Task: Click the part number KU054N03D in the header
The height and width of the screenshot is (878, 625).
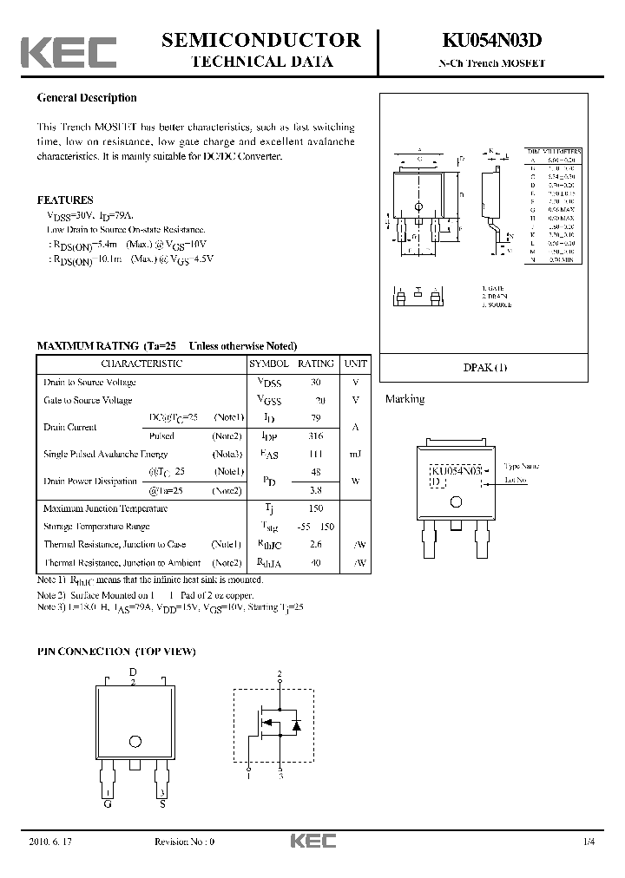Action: tap(492, 40)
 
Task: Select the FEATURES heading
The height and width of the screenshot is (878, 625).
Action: tap(65, 200)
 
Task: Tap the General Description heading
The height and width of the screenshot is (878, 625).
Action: tap(87, 98)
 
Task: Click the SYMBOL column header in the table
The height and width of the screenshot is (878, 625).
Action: tap(269, 364)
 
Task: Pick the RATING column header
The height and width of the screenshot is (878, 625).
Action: tap(315, 364)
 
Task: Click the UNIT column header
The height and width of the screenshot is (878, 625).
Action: tap(355, 364)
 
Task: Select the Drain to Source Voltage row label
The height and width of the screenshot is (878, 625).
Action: tap(89, 383)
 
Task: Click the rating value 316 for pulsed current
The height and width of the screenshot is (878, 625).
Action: tap(315, 436)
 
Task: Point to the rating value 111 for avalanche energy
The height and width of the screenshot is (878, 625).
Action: tap(315, 454)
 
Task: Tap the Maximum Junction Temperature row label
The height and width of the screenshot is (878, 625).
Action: tap(105, 508)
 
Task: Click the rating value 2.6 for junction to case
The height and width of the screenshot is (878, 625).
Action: tap(315, 544)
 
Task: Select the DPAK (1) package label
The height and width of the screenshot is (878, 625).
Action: tap(486, 367)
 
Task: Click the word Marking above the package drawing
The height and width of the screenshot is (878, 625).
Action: tap(405, 399)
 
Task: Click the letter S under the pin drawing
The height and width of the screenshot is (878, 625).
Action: tap(161, 804)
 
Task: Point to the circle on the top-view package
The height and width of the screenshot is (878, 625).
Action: tap(135, 741)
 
